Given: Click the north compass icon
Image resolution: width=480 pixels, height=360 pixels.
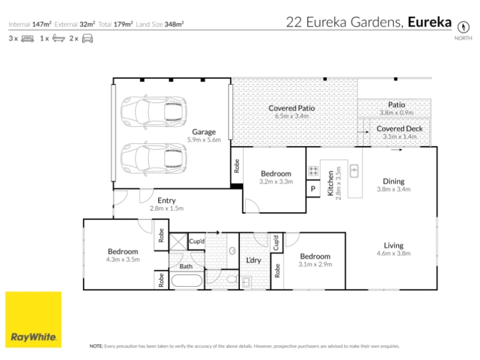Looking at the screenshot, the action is pos(463,27).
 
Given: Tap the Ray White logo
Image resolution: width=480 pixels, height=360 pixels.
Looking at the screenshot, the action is pos(34,320).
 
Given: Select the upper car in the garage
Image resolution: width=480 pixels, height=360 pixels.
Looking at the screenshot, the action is pos(154,112).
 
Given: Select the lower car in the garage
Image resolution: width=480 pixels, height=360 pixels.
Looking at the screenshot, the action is pos(154,158).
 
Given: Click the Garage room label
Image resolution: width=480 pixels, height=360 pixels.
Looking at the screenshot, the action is pos(204,131).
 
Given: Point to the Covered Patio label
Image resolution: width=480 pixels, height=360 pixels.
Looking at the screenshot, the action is pos(292,108).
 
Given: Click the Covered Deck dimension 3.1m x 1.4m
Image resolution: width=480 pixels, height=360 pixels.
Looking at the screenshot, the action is pos(400,137).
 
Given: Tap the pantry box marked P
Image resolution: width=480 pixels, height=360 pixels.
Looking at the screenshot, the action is pos(313,188).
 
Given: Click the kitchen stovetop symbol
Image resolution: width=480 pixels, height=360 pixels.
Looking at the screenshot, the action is pos(313,171).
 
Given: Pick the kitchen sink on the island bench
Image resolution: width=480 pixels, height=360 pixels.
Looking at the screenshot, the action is pos(354,171).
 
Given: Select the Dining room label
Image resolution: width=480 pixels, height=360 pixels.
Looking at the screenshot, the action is pos(394,181).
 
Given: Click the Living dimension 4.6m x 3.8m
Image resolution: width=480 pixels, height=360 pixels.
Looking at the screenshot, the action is pos(394,253).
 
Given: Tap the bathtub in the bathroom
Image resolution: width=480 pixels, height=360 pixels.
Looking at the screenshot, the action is pos(187,281).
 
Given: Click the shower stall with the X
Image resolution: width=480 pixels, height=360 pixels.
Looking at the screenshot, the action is pos(178,242).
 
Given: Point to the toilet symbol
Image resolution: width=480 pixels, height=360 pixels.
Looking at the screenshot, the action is pos(233,279).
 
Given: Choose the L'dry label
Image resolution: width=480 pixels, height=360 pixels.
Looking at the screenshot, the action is pos(254,260).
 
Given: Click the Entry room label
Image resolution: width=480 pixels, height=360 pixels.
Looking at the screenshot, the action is pos(167,200).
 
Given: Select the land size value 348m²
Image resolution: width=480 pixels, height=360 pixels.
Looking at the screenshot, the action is pos(174,24).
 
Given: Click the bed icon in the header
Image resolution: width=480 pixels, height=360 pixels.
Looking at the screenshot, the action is pos(28,38).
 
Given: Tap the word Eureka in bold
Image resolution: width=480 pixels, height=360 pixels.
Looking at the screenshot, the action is pos(430,22).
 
